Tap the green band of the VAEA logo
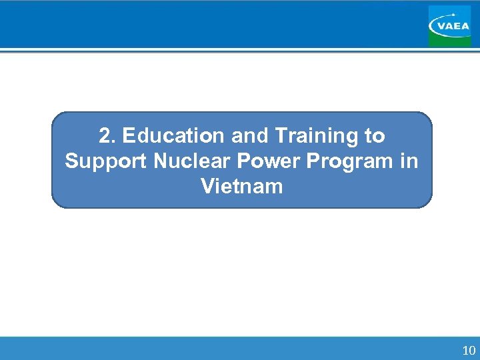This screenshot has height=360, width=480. click(449, 41)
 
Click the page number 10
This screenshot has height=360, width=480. click(468, 350)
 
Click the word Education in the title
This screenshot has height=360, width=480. click(174, 136)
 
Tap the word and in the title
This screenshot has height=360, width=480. click(251, 136)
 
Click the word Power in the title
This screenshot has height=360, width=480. click(259, 161)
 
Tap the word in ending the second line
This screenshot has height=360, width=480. click(409, 161)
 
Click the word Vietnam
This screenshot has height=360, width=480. click(241, 186)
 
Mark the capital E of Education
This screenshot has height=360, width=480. click(129, 136)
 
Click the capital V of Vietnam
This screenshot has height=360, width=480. click(206, 186)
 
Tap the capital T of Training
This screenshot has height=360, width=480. click(281, 136)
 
